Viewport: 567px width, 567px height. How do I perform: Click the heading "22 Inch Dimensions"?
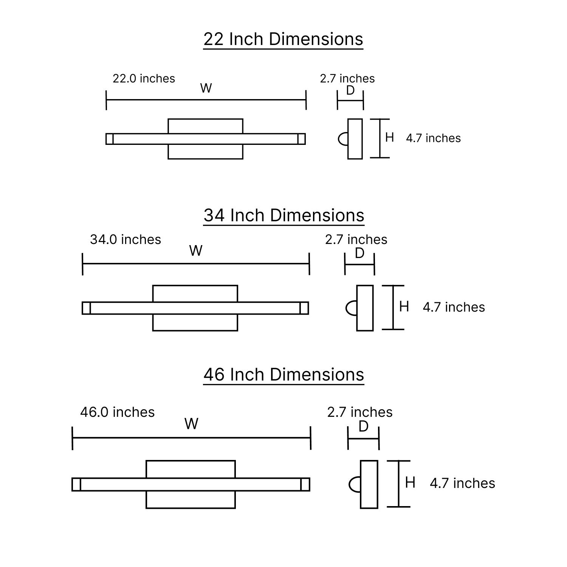(x=283, y=39)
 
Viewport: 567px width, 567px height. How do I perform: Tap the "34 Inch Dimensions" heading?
(x=284, y=215)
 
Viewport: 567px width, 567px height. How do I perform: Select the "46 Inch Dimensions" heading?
(x=284, y=374)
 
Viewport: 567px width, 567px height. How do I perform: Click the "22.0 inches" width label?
(x=144, y=78)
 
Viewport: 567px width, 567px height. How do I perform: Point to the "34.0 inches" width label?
(x=125, y=239)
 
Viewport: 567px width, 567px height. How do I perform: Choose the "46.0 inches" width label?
(x=118, y=412)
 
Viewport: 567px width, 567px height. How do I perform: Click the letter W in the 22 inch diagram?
(x=206, y=88)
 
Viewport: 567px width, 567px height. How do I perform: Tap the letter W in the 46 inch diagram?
(x=192, y=424)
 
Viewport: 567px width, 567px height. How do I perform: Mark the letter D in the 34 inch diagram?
(x=359, y=253)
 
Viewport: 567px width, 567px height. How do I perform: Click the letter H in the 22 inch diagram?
(x=389, y=137)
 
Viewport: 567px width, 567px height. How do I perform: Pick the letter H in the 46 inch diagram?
(x=410, y=483)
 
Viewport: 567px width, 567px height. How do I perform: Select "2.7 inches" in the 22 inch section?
(x=347, y=78)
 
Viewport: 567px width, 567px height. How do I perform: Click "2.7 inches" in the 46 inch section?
(x=360, y=412)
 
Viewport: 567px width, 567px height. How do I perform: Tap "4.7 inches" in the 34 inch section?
(x=454, y=307)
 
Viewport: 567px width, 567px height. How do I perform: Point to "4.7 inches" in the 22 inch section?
(x=434, y=138)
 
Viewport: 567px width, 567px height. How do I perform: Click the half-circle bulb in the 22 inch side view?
(x=343, y=139)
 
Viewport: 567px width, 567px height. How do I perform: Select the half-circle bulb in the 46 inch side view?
(x=355, y=485)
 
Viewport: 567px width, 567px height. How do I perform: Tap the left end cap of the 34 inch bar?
(x=87, y=308)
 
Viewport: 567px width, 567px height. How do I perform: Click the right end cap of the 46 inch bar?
(x=305, y=485)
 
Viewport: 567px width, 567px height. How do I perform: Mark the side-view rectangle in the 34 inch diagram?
(x=365, y=308)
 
